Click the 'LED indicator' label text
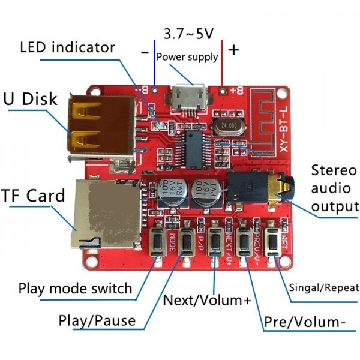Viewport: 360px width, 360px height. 67,46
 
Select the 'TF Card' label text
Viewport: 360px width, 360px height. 32,196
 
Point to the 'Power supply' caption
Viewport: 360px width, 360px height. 187,58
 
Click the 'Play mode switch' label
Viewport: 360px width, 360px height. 75,287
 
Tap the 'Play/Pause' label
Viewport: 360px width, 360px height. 97,320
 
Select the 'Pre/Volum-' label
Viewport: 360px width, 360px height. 305,322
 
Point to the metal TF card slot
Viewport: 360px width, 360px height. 105,213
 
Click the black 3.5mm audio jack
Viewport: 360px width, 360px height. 255,187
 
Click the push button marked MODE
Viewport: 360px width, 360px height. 157,241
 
